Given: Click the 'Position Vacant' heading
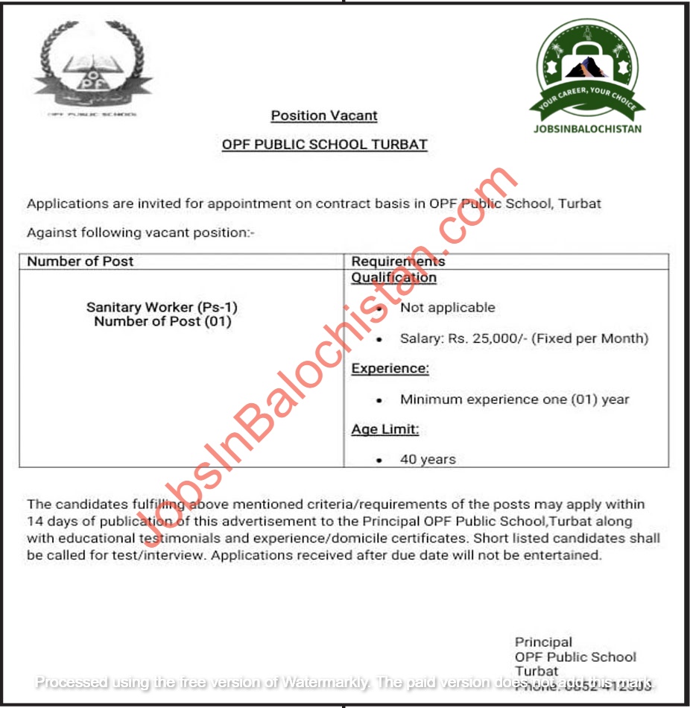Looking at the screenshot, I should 324,116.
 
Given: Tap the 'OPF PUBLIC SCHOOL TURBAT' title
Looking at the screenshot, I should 325,144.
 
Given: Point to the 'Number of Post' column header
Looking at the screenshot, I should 80,262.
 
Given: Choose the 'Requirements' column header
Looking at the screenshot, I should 398,262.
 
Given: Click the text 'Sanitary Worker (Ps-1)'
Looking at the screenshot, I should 162,307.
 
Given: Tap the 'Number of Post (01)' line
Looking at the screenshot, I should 162,322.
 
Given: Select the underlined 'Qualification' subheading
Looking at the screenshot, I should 394,278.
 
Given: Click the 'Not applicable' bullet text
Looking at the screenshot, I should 447,307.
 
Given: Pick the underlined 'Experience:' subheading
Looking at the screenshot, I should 390,368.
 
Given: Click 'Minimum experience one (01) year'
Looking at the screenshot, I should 515,399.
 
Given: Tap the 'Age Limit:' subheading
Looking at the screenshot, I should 385,429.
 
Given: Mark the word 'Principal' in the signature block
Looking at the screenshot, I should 544,642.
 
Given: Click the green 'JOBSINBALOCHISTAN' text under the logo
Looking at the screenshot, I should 587,128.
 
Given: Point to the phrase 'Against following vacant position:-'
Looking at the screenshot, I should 141,233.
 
